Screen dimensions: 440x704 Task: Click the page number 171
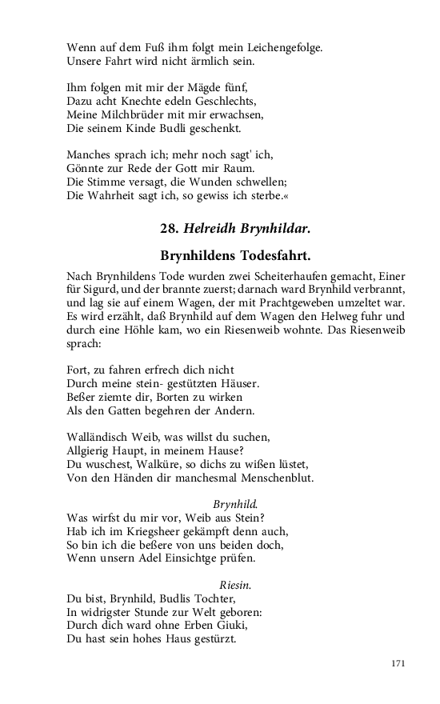click(399, 664)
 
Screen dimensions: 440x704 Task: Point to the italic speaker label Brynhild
click(235, 504)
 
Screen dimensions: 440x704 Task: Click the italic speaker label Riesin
click(235, 585)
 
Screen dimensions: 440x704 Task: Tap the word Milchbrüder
click(129, 114)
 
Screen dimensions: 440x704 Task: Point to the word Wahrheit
click(109, 195)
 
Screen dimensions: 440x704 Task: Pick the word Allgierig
click(90, 450)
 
